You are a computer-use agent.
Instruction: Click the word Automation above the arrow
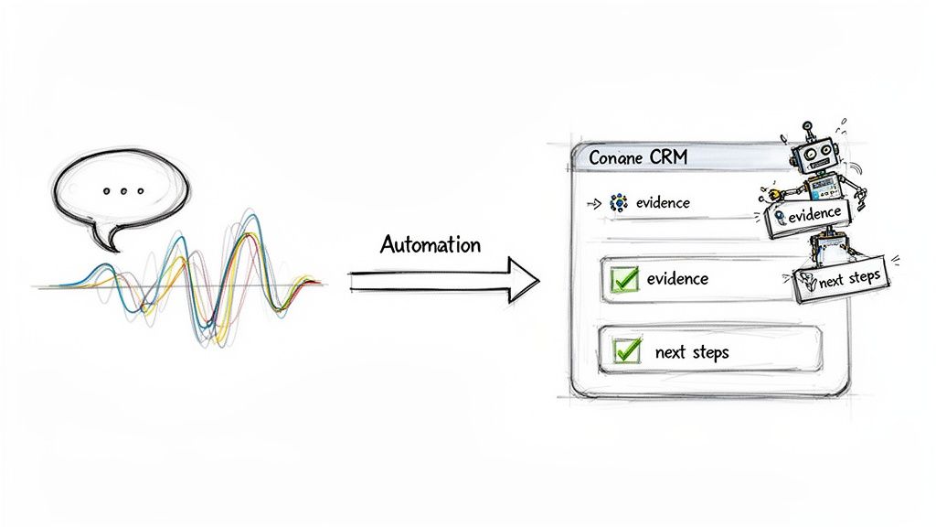[430, 245]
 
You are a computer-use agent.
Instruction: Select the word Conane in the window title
[617, 157]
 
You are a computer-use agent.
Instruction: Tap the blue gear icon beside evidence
[619, 203]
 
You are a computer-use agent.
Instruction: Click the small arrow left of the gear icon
[597, 203]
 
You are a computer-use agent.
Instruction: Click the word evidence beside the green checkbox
[677, 278]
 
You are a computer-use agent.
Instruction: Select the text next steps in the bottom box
[692, 351]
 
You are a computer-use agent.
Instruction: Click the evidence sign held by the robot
[810, 216]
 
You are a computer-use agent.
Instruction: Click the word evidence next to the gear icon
[664, 203]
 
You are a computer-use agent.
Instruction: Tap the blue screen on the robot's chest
[822, 186]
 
